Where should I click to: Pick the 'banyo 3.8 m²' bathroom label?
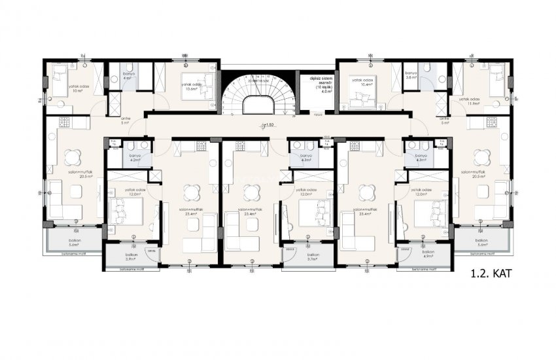[x=411, y=75]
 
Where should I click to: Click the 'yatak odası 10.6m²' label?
[x=190, y=86]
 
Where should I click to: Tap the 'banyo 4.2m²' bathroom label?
[x=135, y=158]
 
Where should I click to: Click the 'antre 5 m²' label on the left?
[x=126, y=120]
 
